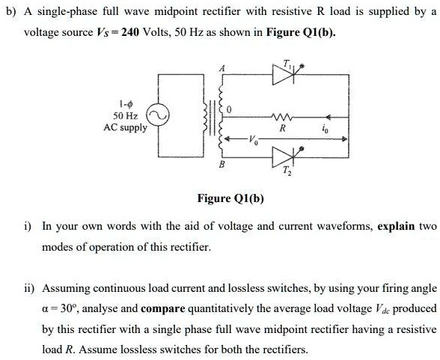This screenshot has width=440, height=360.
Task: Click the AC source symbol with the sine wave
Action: pyautogui.click(x=156, y=117)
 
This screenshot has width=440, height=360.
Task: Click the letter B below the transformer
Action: pyautogui.click(x=221, y=165)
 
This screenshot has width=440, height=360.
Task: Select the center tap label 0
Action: pyautogui.click(x=230, y=110)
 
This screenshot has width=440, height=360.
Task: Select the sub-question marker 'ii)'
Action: pyautogui.click(x=30, y=287)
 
